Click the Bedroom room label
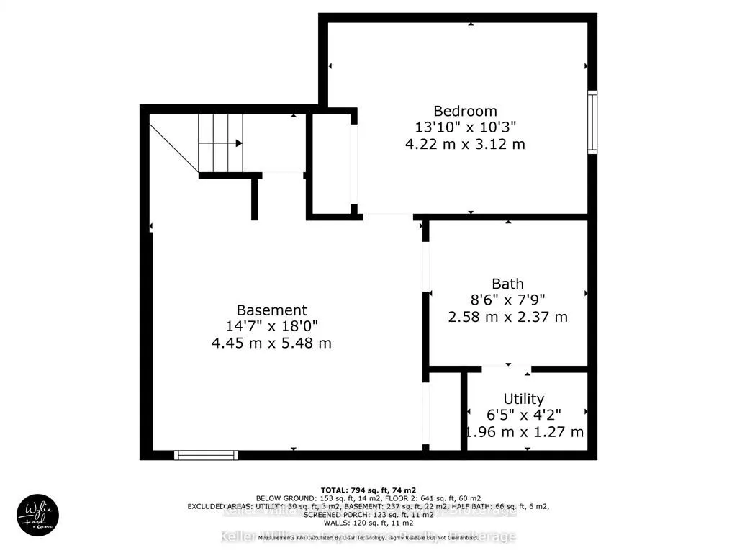coord(465,111)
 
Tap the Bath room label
coord(507,284)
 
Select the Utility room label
coord(523,398)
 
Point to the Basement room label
coord(271,310)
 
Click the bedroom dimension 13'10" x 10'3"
coord(465,127)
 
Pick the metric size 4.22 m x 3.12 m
coord(465,144)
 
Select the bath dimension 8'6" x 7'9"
coord(507,300)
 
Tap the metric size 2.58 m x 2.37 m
coord(507,317)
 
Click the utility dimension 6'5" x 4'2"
coord(523,415)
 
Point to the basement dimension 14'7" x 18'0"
coord(271,327)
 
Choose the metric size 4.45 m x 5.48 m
coord(271,343)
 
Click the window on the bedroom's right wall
coord(592,122)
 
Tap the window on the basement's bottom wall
coord(207,454)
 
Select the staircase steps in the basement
coord(220,144)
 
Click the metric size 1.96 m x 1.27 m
coord(523,432)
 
